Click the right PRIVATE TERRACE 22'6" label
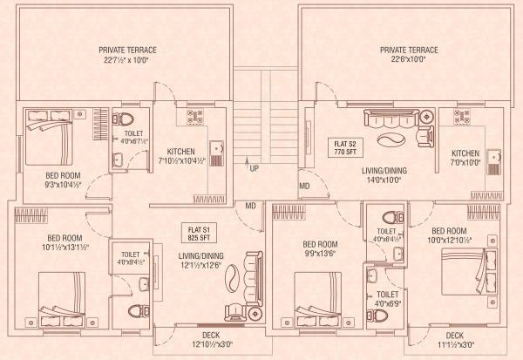(x=409, y=56)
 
